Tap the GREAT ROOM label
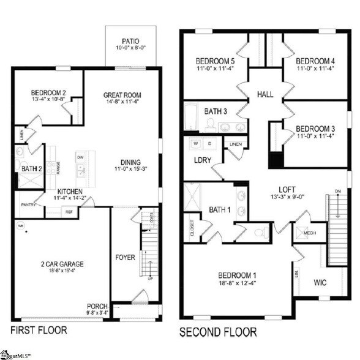point(122,95)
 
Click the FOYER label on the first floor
point(125,258)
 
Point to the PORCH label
point(97,306)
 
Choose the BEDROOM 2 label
point(48,94)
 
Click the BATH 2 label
point(31,168)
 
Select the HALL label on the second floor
point(265,95)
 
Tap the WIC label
point(320,283)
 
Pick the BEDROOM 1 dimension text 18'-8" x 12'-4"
point(236,283)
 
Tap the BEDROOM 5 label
point(214,61)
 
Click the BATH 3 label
point(216,111)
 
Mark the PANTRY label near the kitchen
point(28,204)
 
